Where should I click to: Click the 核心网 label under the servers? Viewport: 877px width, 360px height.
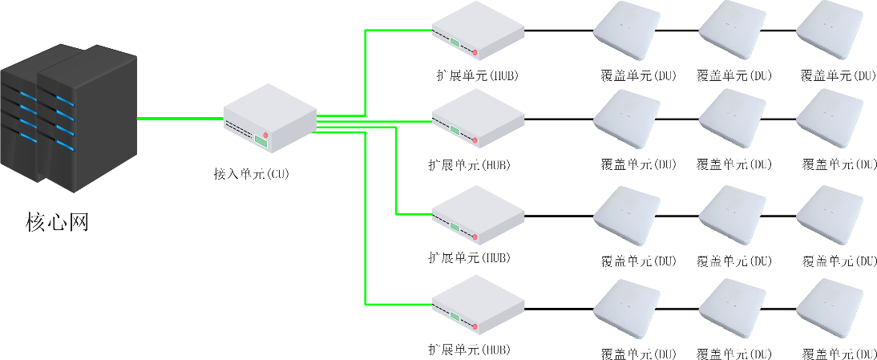click(57, 221)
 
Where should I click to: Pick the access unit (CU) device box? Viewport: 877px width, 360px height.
click(269, 119)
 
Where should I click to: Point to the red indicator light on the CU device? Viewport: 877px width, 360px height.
click(265, 133)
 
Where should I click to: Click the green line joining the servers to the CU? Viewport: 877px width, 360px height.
click(180, 118)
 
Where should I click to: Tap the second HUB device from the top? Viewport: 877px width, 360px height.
click(479, 118)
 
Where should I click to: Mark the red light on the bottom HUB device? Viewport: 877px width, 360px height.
click(475, 327)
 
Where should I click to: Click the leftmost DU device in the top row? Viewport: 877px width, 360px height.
click(626, 32)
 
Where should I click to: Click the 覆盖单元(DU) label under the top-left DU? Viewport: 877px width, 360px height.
click(638, 76)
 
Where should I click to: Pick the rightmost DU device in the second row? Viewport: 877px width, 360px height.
click(830, 119)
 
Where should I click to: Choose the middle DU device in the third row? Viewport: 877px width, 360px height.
click(731, 215)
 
